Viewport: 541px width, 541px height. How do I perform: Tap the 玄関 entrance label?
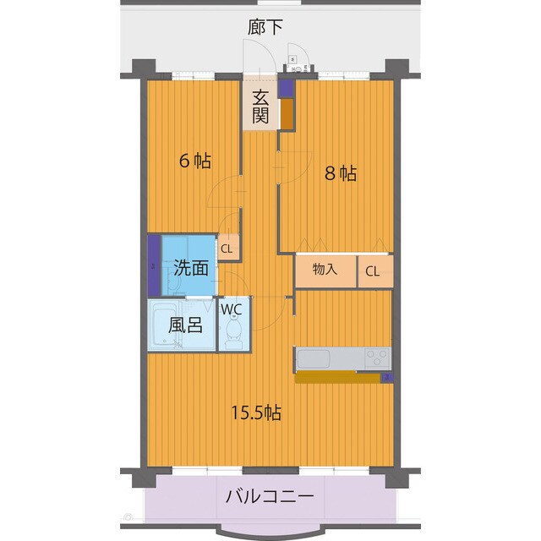[260, 106]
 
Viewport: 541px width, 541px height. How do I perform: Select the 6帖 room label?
[194, 161]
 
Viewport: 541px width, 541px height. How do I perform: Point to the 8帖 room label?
[342, 173]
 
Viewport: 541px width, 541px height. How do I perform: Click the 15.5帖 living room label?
[257, 413]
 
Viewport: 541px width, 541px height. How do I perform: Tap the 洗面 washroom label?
[191, 269]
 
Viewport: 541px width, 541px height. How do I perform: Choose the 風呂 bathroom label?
[184, 325]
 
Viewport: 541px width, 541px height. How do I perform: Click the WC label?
[232, 309]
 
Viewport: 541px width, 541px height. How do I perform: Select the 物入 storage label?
[325, 270]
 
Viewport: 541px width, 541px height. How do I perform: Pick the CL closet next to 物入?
[373, 270]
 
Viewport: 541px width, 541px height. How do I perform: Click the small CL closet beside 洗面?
[227, 249]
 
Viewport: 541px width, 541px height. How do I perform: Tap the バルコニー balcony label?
[270, 496]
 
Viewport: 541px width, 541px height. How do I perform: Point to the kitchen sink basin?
[316, 360]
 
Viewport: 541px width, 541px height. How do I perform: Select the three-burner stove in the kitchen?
[376, 358]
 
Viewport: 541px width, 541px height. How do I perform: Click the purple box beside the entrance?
[287, 87]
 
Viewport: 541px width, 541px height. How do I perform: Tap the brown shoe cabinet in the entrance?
[287, 114]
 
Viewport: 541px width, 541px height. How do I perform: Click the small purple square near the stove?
[386, 377]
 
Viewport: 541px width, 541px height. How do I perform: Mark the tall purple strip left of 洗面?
[154, 265]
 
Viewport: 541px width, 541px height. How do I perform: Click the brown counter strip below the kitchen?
[338, 378]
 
